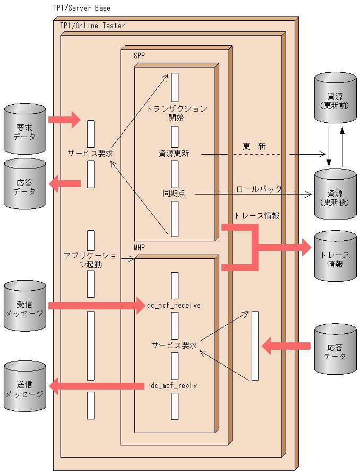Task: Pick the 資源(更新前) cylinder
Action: [335, 100]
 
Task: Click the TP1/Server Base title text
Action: [82, 8]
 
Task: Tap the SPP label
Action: [139, 55]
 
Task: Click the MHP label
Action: [139, 248]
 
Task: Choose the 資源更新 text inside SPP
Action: [173, 154]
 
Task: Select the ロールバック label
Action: [259, 189]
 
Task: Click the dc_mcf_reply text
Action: [174, 385]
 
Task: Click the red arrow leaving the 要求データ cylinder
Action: [64, 119]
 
